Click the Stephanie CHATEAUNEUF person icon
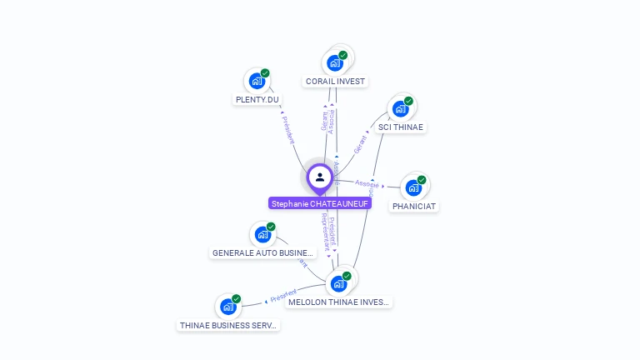[319, 177]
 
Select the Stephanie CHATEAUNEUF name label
[320, 203]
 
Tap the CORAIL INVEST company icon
[334, 62]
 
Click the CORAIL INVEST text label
[335, 82]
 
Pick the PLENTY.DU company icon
[257, 81]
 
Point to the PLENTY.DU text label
[257, 100]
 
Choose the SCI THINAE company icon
[400, 108]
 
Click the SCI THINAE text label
[401, 127]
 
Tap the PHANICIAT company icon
[413, 187]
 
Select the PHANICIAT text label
[414, 206]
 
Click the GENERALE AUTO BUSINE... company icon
[262, 234]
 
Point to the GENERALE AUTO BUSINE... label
[262, 253]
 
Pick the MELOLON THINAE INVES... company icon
[338, 283]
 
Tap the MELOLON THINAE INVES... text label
[338, 302]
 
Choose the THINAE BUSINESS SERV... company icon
[227, 307]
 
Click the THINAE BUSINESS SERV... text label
[228, 326]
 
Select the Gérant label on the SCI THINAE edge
[360, 144]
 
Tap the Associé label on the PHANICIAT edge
[367, 183]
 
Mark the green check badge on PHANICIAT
[422, 180]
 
